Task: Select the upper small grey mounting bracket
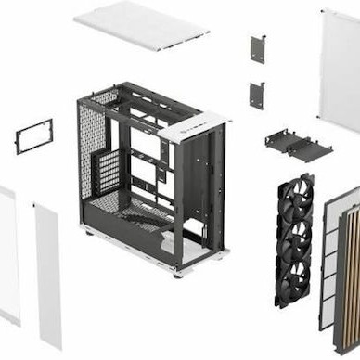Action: coord(257,49)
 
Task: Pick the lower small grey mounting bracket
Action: coord(257,95)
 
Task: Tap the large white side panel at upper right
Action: coord(340,70)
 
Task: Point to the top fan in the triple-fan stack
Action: coord(296,198)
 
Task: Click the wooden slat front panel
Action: coord(348,269)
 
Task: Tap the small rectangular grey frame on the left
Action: coord(34,135)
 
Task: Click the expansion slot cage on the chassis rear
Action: coord(109,172)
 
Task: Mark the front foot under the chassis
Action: coord(177,273)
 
